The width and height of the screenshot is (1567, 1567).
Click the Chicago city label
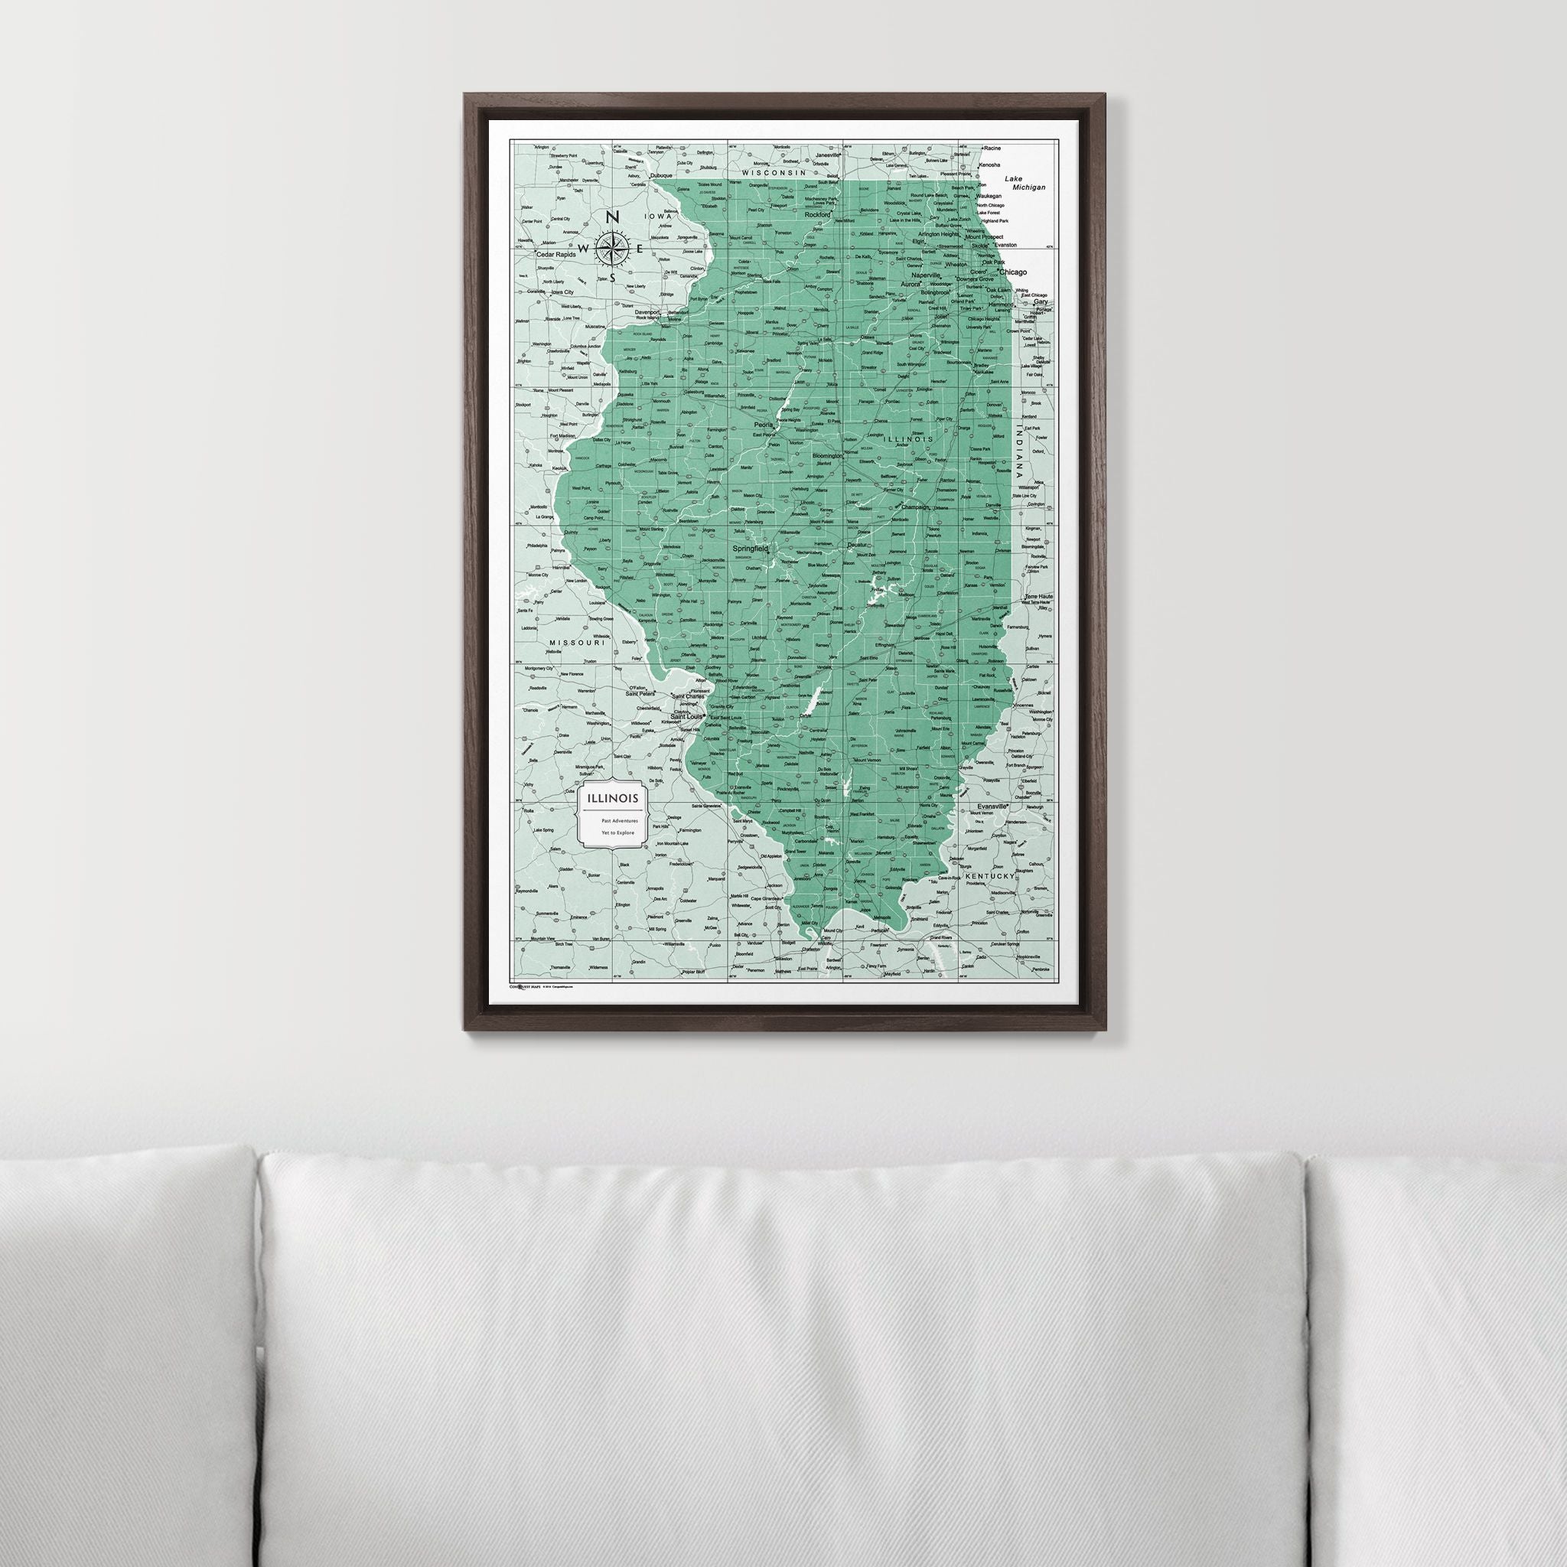pyautogui.click(x=1013, y=272)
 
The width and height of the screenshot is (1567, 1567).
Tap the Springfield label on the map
pyautogui.click(x=751, y=549)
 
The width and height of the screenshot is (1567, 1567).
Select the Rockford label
pyautogui.click(x=818, y=216)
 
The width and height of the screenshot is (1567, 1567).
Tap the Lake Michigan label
pyautogui.click(x=1025, y=183)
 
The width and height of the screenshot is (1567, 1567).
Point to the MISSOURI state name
pyautogui.click(x=578, y=643)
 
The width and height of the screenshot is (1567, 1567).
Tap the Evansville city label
pyautogui.click(x=992, y=807)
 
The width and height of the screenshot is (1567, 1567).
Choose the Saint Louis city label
pyautogui.click(x=689, y=717)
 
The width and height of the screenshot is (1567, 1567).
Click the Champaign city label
pyautogui.click(x=910, y=508)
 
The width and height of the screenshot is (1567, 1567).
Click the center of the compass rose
pyautogui.click(x=614, y=247)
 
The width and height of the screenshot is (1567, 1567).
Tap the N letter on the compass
pyautogui.click(x=614, y=217)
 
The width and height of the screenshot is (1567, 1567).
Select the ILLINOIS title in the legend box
pyautogui.click(x=608, y=799)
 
